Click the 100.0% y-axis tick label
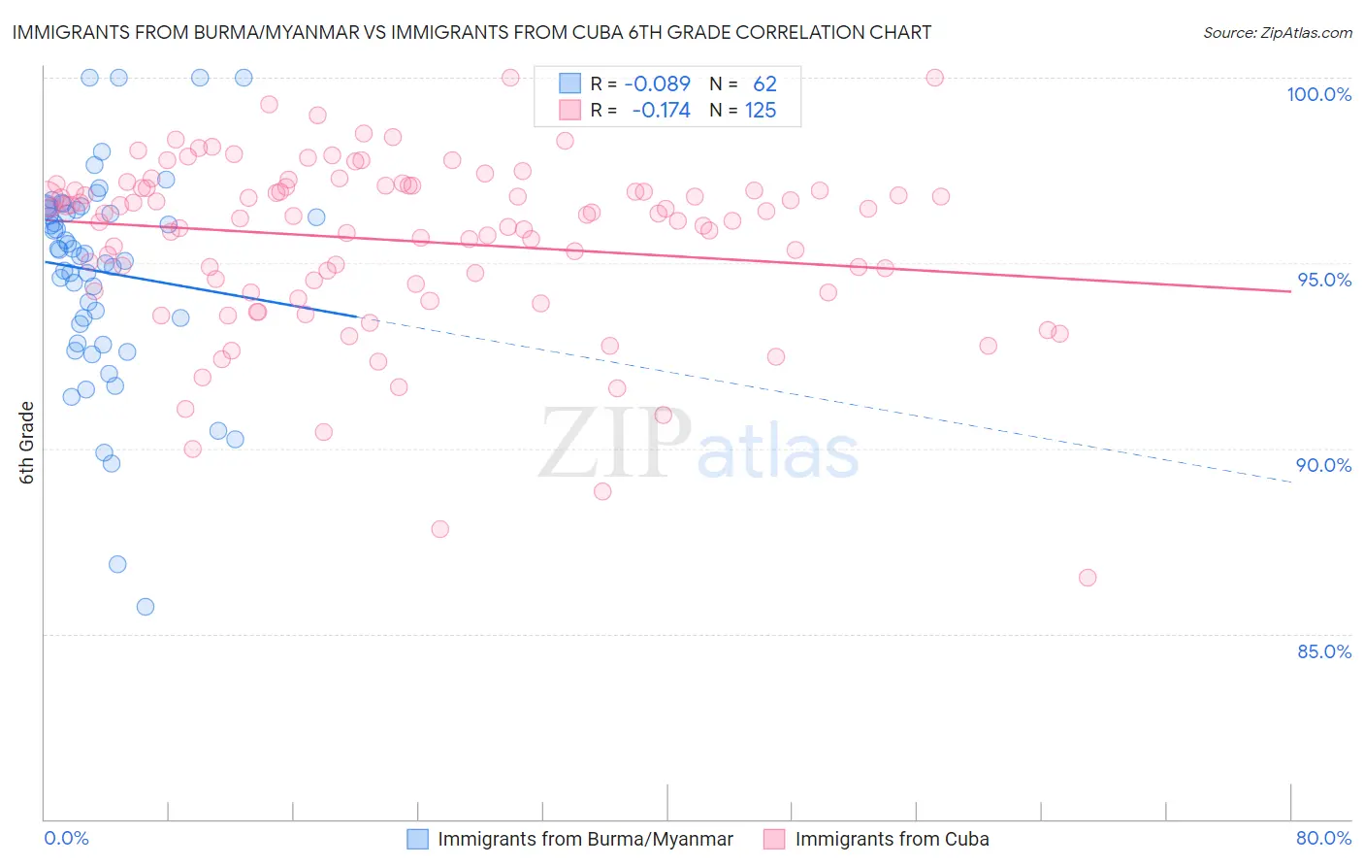pyautogui.click(x=1318, y=94)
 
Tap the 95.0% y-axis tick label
pyautogui.click(x=1324, y=280)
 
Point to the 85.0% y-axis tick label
pyautogui.click(x=1324, y=651)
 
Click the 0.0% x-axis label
pyautogui.click(x=66, y=839)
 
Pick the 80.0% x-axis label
pyautogui.click(x=1323, y=839)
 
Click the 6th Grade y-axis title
pyautogui.click(x=27, y=443)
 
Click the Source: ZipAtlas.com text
pyautogui.click(x=1277, y=32)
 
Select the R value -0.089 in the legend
pyautogui.click(x=657, y=83)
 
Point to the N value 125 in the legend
pyautogui.click(x=761, y=111)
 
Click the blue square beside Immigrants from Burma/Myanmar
pyautogui.click(x=417, y=840)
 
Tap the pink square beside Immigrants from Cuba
pyautogui.click(x=774, y=840)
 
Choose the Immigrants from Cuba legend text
pyautogui.click(x=892, y=840)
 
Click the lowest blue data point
pyautogui.click(x=146, y=607)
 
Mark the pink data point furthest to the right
pyautogui.click(x=1088, y=578)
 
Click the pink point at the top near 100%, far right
pyautogui.click(x=935, y=78)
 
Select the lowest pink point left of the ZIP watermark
pyautogui.click(x=440, y=529)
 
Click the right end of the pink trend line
pyautogui.click(x=1290, y=291)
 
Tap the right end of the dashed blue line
pyautogui.click(x=1290, y=482)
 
